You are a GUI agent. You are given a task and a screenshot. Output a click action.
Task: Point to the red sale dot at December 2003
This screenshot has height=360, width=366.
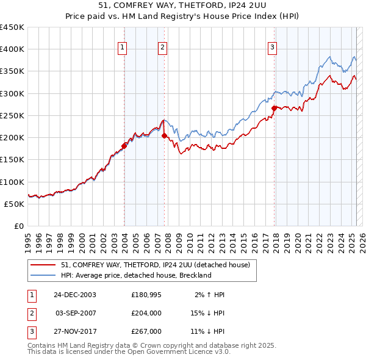pyautogui.click(x=124, y=146)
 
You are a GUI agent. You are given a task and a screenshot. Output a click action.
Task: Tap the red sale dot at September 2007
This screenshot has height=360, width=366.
pyautogui.click(x=165, y=136)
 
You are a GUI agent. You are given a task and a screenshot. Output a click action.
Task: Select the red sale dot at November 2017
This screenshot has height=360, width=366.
pyautogui.click(x=274, y=108)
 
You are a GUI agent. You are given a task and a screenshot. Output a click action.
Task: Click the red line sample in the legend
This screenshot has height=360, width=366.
pyautogui.click(x=43, y=265)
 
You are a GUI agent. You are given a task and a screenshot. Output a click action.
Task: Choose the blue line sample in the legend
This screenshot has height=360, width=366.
pyautogui.click(x=43, y=275)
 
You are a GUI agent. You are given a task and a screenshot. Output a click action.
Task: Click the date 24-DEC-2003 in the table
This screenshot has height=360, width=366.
pyautogui.click(x=75, y=295)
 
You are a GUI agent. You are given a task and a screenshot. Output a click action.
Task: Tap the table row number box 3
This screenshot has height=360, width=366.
pyautogui.click(x=31, y=331)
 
